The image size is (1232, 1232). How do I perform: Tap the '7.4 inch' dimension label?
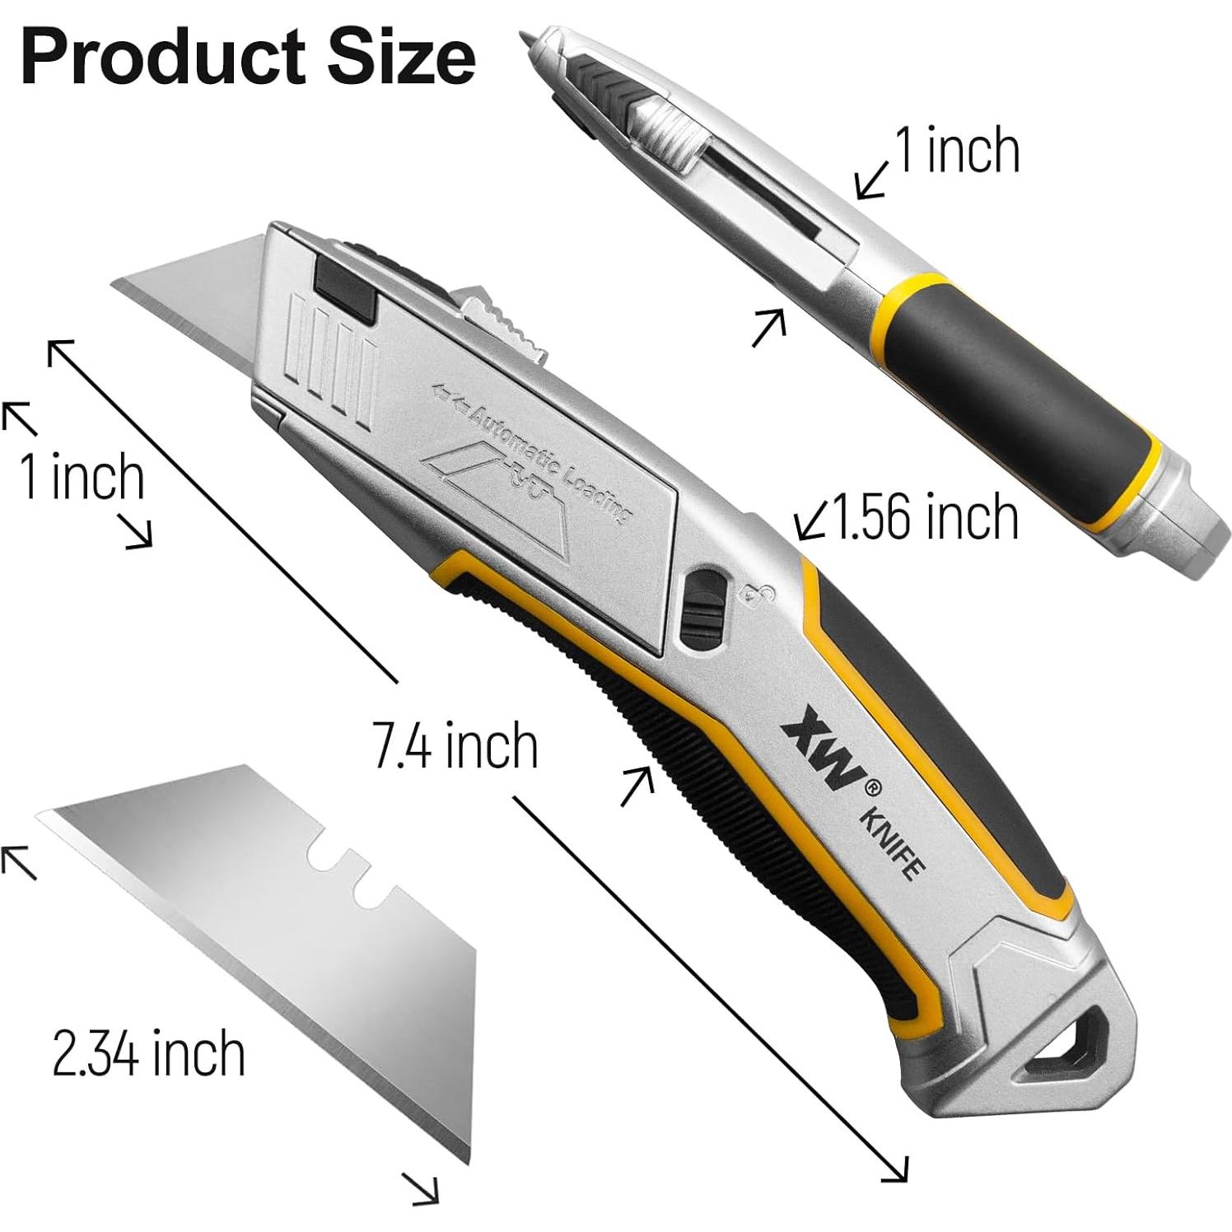tap(455, 745)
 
